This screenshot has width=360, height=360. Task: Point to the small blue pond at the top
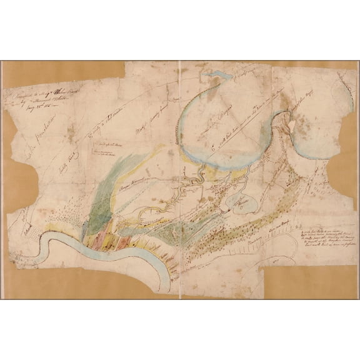pos(220,77)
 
